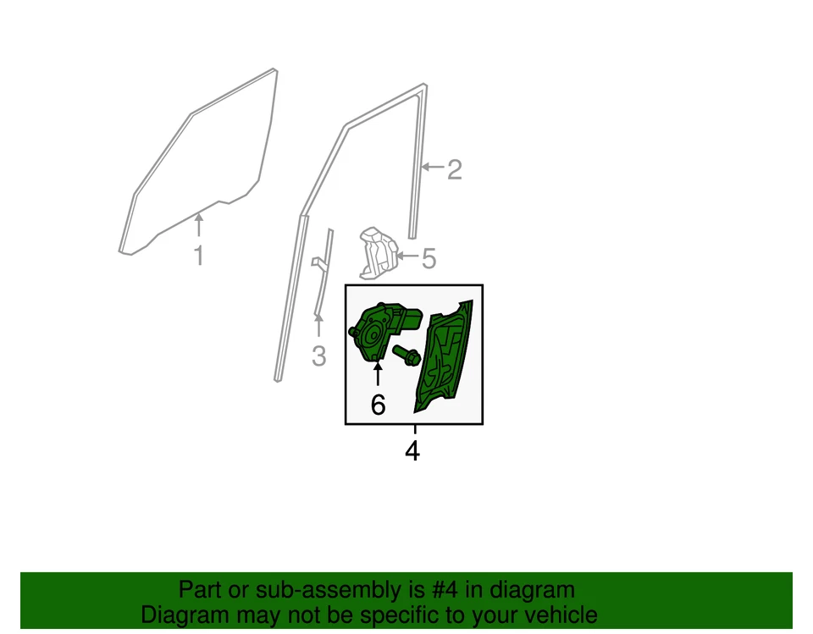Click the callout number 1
[199, 256]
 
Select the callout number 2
[455, 169]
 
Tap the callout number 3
[318, 356]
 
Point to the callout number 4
[412, 451]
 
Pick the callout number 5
[429, 258]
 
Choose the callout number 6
[378, 405]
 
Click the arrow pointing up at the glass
[199, 225]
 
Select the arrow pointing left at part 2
[433, 168]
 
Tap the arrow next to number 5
[407, 256]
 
